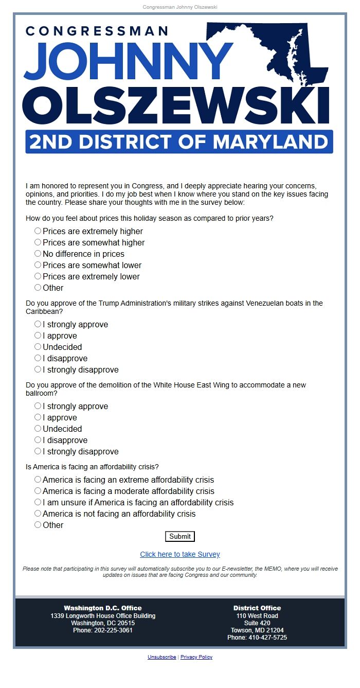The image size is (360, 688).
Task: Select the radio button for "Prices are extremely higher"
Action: (38, 231)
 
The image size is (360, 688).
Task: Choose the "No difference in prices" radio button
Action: (38, 254)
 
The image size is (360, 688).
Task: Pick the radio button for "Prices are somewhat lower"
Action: (38, 265)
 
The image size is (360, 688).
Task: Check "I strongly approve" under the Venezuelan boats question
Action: (38, 324)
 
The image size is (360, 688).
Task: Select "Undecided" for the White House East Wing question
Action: (38, 429)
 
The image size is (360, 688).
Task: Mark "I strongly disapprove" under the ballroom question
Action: (38, 451)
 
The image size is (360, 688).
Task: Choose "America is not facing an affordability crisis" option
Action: (38, 514)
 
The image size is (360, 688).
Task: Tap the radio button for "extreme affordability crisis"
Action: (38, 480)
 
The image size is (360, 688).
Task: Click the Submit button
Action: (180, 536)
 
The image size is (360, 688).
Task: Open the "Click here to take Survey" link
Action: (180, 554)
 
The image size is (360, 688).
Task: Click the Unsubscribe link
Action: (161, 657)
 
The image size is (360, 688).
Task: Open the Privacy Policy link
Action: (196, 657)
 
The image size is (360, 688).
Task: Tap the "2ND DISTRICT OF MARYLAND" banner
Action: (179, 142)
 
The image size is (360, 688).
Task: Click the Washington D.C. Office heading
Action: (103, 608)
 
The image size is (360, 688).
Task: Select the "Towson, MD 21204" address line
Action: (257, 630)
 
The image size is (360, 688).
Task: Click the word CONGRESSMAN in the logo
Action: (97, 31)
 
